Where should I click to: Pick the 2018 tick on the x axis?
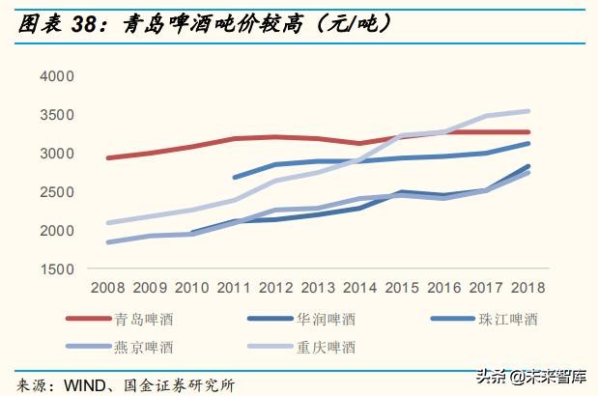tap(527, 288)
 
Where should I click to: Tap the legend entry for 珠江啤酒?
tap(507, 318)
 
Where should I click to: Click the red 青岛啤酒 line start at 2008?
tap(107, 157)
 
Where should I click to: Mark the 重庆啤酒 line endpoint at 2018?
tap(528, 111)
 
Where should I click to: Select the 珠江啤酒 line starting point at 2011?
tap(234, 178)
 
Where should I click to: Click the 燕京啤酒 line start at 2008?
tap(107, 242)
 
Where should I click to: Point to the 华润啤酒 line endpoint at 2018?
tap(528, 166)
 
